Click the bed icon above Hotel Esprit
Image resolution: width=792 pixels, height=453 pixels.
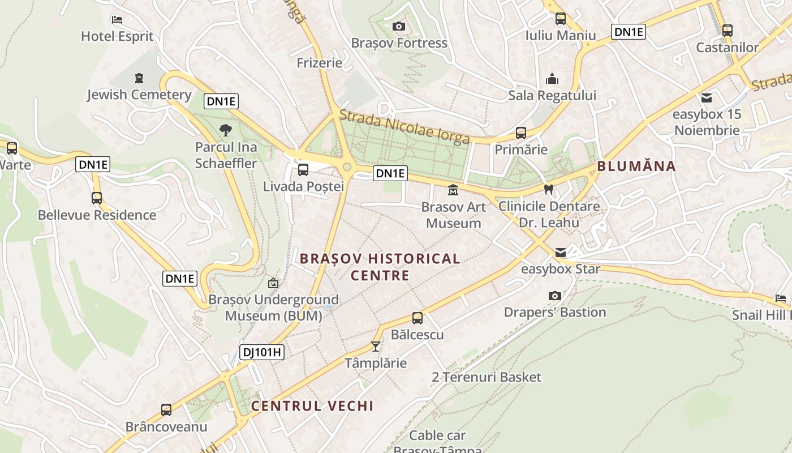click(117, 20)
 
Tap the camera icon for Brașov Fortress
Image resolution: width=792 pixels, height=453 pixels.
click(399, 26)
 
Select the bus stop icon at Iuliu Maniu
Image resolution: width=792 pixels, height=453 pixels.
click(561, 19)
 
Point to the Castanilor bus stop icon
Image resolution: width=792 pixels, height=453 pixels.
click(728, 31)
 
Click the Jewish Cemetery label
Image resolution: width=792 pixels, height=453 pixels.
click(139, 95)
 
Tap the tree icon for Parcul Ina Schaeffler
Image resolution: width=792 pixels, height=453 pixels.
click(226, 130)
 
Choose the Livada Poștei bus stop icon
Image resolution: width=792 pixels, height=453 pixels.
click(303, 169)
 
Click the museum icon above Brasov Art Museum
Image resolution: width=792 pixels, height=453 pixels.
click(453, 190)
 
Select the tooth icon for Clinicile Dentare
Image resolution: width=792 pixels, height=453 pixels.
click(548, 189)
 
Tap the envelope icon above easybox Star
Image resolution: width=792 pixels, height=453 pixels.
click(560, 252)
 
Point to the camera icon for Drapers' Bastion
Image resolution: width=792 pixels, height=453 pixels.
click(555, 296)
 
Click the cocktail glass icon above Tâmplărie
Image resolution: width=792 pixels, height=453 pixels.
click(376, 346)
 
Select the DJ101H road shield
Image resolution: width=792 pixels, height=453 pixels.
click(262, 352)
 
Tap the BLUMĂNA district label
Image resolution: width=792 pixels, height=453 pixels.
click(636, 166)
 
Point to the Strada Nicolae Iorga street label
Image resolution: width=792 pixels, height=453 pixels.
click(404, 126)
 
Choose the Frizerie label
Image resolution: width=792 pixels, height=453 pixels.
click(320, 62)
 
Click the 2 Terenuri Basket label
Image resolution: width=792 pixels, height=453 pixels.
click(487, 377)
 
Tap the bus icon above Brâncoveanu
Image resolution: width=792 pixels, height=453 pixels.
click(166, 409)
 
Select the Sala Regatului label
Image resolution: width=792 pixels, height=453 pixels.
click(552, 95)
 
